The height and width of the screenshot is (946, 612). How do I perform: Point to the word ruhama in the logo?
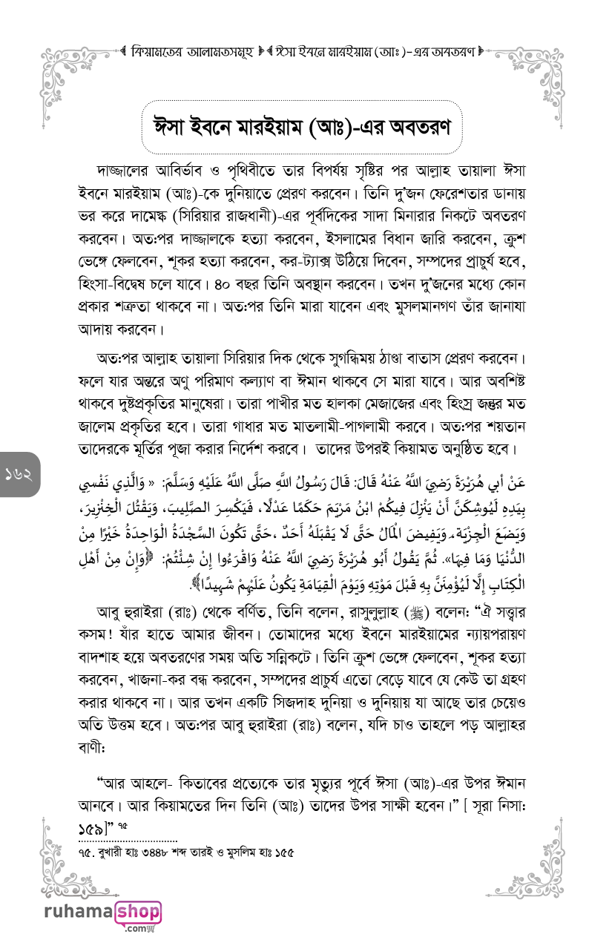click(78, 913)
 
